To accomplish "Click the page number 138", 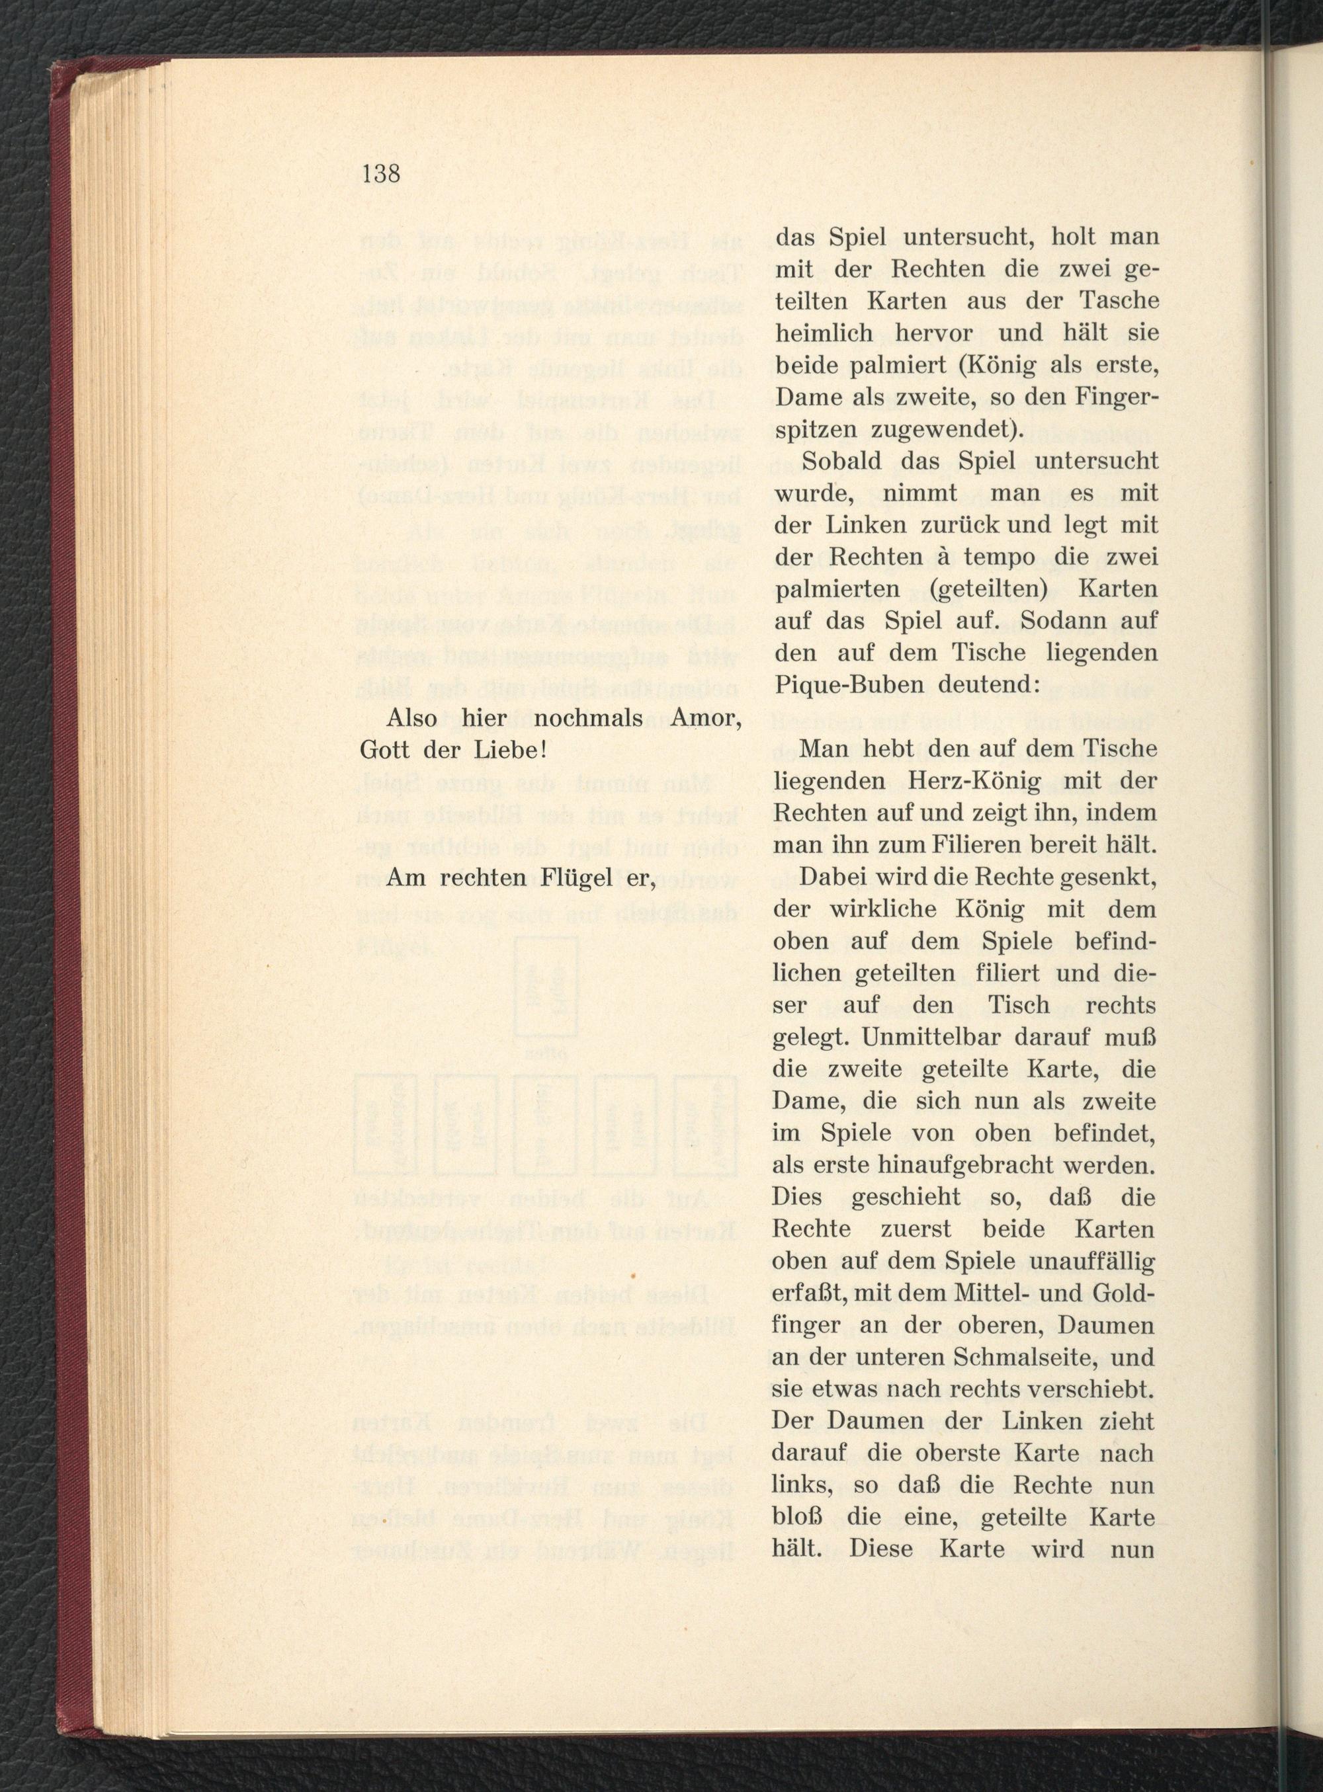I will click(380, 174).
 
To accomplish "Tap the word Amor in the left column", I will click(703, 719).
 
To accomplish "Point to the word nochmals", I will click(589, 719).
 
